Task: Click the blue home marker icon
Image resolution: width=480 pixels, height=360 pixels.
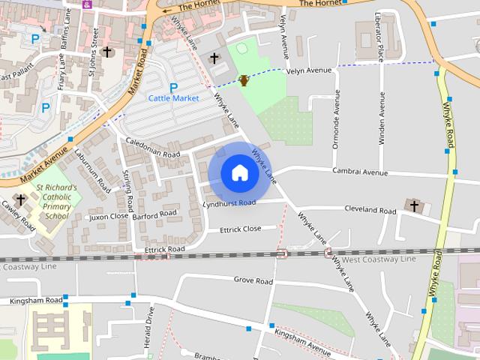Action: (239, 172)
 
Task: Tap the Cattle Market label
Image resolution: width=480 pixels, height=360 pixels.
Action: (173, 98)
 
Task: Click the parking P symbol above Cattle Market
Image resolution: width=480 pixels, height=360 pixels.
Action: (173, 87)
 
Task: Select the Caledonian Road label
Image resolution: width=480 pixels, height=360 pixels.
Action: (153, 148)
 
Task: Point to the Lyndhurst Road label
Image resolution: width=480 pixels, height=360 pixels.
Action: (229, 203)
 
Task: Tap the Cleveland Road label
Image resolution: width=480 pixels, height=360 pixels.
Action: (369, 210)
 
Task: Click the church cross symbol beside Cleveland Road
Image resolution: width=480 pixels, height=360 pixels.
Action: (414, 205)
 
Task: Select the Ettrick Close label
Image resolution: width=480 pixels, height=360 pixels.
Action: (240, 229)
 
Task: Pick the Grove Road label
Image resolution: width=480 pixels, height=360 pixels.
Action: (253, 280)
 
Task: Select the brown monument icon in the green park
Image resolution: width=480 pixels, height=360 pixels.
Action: (244, 80)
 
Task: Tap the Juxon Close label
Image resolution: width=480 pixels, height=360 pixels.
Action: (109, 217)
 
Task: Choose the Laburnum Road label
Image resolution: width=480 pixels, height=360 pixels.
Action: (91, 169)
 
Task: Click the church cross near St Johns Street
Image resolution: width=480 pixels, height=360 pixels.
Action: (107, 52)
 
